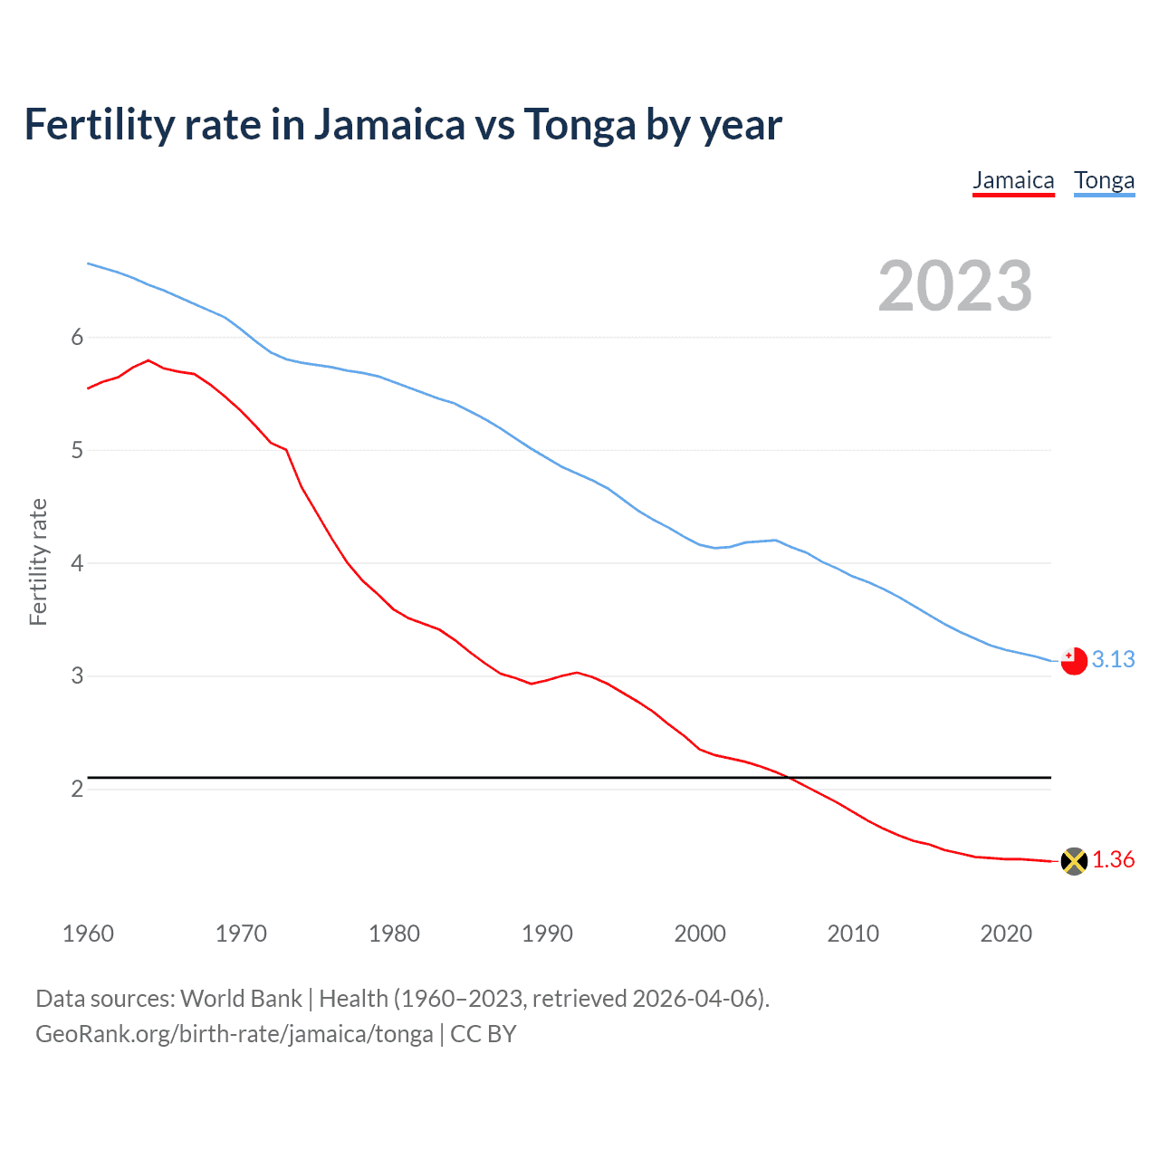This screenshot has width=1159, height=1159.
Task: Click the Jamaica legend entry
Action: click(x=1013, y=180)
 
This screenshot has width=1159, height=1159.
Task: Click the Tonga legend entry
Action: click(x=1104, y=180)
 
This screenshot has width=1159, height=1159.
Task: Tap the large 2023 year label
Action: click(x=955, y=286)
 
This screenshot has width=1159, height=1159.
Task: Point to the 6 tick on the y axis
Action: click(x=77, y=337)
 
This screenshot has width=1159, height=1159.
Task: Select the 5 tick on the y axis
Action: click(x=77, y=450)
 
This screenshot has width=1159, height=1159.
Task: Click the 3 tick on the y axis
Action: click(x=77, y=675)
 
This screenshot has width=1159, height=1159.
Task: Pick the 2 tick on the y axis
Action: click(x=77, y=789)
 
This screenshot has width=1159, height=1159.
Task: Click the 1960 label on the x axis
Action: click(x=88, y=934)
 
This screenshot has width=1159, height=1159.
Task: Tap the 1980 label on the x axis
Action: click(x=394, y=934)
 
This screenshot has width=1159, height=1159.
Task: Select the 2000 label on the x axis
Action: click(x=700, y=934)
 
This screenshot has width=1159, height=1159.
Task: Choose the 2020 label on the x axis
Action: click(x=1006, y=934)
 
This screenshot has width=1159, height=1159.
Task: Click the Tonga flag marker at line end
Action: click(x=1074, y=661)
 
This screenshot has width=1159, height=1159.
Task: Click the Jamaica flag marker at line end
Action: click(x=1074, y=861)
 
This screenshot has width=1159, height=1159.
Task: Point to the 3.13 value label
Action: click(x=1113, y=660)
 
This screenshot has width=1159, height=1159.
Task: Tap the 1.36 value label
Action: click(x=1113, y=860)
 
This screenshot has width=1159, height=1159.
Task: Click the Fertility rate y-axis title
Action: click(x=38, y=561)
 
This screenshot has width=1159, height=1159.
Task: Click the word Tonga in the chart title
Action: click(x=580, y=125)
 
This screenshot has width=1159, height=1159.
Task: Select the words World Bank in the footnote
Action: click(x=241, y=999)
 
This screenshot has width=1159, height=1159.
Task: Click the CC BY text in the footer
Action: click(x=484, y=1034)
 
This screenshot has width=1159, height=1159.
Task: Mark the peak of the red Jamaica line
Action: click(x=148, y=360)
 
